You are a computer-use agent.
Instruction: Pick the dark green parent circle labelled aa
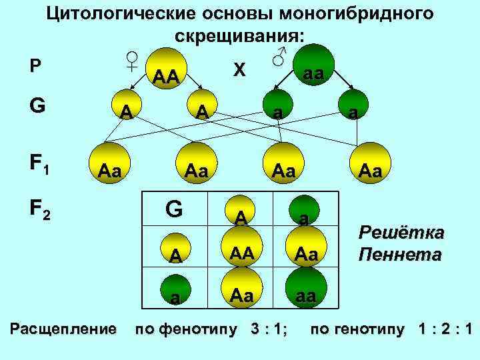[313, 70]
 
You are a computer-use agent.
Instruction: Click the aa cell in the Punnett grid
[303, 295]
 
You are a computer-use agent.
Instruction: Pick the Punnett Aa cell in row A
[303, 253]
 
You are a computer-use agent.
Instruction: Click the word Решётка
[401, 233]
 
